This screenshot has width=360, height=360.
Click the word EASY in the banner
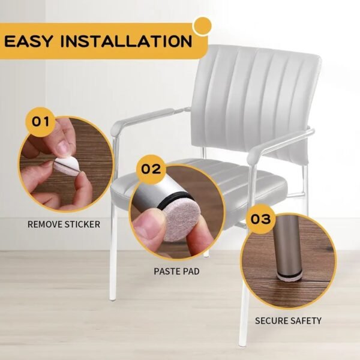[30, 41]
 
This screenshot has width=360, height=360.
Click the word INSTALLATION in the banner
[127, 41]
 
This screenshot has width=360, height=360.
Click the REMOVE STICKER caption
[64, 224]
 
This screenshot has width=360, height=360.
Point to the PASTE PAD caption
[176, 271]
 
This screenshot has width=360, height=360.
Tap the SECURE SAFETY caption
[288, 321]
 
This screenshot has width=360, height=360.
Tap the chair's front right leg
[244, 318]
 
